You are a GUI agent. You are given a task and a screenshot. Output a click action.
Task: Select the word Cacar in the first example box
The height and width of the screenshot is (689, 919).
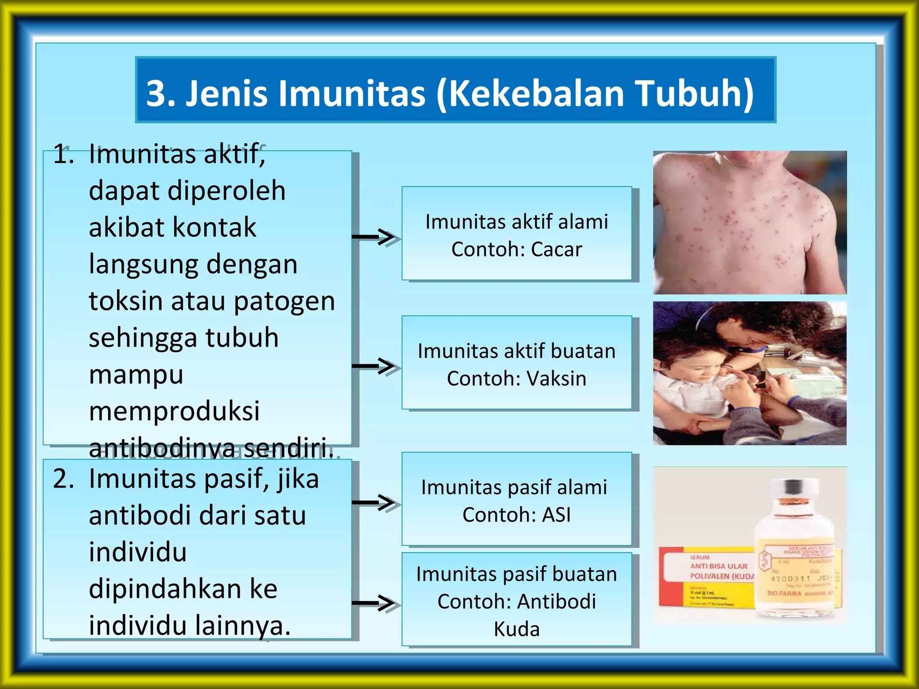tap(556, 249)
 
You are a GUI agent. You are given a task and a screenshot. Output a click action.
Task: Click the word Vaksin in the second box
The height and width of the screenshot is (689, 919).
tap(556, 379)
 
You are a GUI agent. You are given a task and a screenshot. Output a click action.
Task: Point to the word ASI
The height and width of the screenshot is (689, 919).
tap(556, 515)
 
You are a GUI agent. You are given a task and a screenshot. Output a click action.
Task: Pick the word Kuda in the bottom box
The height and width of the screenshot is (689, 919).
tap(516, 629)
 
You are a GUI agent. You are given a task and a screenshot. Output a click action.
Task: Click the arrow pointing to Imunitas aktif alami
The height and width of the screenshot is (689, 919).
tap(375, 237)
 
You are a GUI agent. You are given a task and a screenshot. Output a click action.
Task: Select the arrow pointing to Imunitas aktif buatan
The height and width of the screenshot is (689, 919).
tap(375, 366)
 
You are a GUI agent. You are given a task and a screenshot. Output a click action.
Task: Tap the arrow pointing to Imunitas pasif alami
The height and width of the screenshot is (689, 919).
tap(375, 502)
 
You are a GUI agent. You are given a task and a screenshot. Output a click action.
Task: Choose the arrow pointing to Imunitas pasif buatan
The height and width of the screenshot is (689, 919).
tap(375, 603)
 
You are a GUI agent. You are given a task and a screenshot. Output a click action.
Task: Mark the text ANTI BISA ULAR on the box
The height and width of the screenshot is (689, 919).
tap(718, 567)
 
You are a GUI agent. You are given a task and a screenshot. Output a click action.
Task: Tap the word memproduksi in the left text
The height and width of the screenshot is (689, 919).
tap(174, 411)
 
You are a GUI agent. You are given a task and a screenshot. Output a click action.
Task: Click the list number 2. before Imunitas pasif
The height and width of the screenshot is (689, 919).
tap(63, 479)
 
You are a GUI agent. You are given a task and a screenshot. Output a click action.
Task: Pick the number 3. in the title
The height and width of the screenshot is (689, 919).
tap(161, 93)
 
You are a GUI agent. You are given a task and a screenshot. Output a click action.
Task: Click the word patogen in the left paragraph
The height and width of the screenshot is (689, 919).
tap(284, 302)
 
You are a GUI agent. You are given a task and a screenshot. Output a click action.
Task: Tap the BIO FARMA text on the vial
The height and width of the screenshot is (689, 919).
tap(784, 593)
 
